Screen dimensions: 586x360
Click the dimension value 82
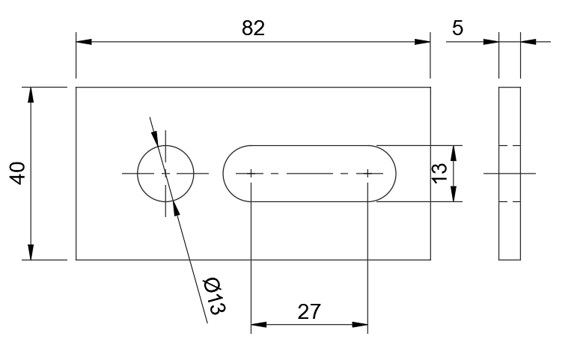(x=253, y=28)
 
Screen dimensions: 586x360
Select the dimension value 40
(x=17, y=173)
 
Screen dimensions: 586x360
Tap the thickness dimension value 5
(x=457, y=28)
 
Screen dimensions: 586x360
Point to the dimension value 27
(x=308, y=312)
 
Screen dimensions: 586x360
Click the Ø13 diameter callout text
(x=214, y=296)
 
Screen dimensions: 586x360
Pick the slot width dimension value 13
(x=439, y=174)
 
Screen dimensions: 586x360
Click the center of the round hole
(x=165, y=174)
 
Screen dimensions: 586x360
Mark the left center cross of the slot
(x=251, y=174)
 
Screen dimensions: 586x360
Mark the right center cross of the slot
(x=367, y=174)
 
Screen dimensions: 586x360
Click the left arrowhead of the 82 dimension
(x=84, y=41)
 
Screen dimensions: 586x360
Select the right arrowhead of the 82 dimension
(x=423, y=41)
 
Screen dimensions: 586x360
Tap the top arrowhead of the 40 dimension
(x=31, y=95)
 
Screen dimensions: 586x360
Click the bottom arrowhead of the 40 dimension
(x=31, y=252)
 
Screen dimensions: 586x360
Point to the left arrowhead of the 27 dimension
(x=259, y=324)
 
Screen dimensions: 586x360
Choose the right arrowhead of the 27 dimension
(x=360, y=324)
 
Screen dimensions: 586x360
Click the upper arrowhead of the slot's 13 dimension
(x=454, y=153)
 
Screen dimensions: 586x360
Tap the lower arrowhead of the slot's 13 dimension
(x=454, y=194)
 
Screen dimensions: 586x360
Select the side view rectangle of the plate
(x=499, y=174)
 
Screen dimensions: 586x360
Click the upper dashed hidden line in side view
(x=510, y=145)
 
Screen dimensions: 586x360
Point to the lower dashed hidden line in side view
(x=510, y=202)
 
